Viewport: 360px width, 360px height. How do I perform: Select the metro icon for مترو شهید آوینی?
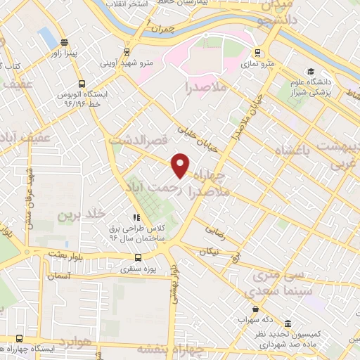(127, 51)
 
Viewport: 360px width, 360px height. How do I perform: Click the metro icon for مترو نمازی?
(258, 53)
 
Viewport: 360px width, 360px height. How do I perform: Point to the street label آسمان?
(60, 276)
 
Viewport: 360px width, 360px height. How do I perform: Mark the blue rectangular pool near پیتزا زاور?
(48, 34)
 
